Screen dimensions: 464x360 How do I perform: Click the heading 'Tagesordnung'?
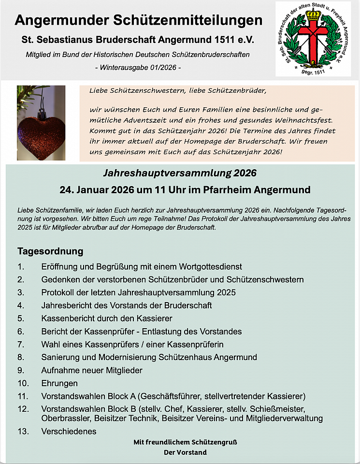tap(50, 251)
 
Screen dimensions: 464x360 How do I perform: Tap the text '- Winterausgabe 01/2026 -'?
tap(138, 67)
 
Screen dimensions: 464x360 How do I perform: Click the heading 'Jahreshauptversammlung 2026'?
tap(180, 173)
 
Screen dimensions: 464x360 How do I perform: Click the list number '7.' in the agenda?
tap(21, 345)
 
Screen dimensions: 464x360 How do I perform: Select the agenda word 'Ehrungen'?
tap(59, 383)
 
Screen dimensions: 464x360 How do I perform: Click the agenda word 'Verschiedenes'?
tap(69, 431)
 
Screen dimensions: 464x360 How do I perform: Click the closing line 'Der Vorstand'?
tap(185, 452)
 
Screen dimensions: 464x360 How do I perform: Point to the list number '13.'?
tap(23, 431)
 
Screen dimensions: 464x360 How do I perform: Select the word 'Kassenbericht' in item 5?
tap(66, 319)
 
